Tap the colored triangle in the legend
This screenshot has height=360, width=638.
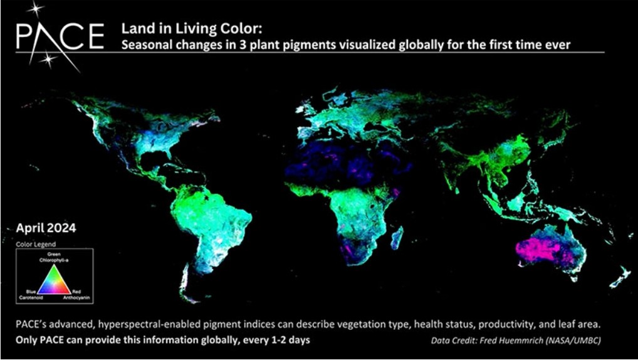[54, 279]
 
